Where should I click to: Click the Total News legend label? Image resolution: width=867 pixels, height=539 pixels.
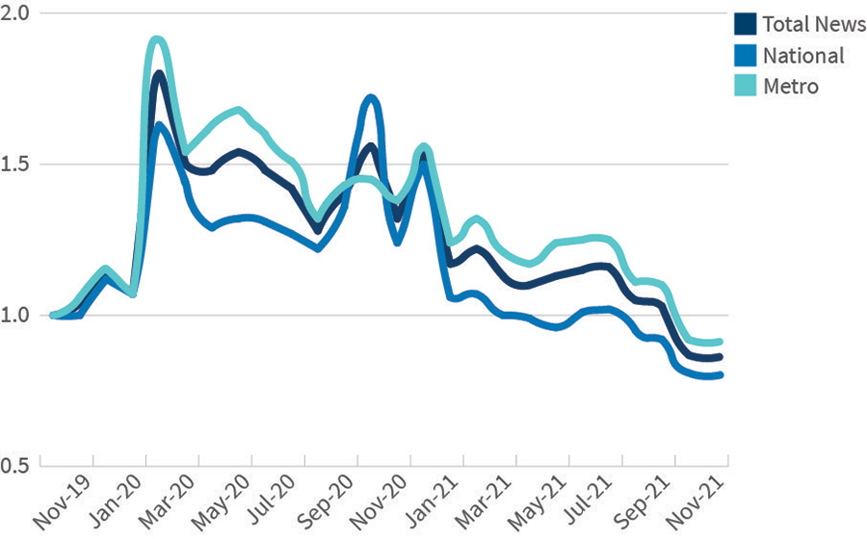813,24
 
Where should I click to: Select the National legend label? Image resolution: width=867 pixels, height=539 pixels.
802,55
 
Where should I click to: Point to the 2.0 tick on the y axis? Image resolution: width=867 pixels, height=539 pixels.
16,13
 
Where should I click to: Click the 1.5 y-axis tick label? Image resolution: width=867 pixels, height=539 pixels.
16,165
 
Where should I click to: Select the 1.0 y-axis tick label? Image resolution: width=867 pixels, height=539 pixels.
16,316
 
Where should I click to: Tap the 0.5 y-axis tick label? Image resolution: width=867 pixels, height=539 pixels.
16,466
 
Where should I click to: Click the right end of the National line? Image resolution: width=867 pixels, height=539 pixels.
721,375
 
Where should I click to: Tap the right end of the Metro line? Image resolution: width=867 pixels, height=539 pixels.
721,342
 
